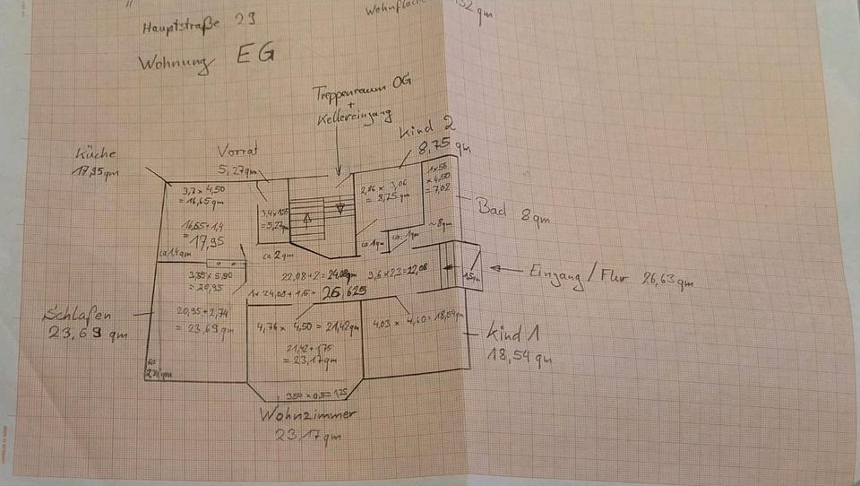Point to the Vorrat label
236,150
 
